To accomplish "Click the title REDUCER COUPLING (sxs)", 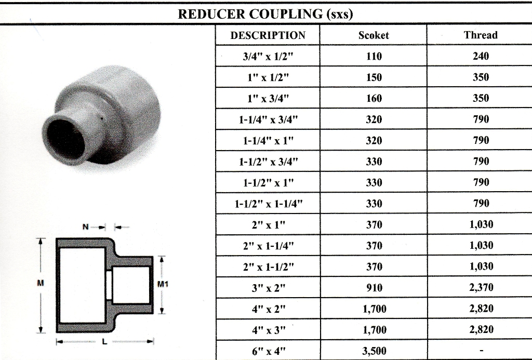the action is coord(265,14).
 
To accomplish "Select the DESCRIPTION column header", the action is coord(268,35).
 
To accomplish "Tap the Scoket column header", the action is coord(374,35).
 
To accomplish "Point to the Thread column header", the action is coord(481,35).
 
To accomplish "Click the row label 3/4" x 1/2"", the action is coord(268,56).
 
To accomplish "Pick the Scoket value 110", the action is coord(374,56).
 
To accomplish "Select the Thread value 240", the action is coord(481,56).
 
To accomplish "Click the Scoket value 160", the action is coord(374,98).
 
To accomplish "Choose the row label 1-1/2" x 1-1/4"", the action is coord(269,204).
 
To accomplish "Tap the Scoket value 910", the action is coord(374,288).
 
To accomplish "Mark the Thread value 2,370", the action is coord(481,288).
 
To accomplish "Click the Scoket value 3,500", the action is coord(374,351).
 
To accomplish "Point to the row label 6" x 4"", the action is coord(269,351).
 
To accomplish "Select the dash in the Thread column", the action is coord(481,351).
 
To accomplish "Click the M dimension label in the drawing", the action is coord(41,283).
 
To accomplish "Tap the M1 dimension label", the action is coord(163,284).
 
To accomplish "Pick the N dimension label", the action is coord(86,226).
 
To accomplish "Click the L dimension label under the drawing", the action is coord(104,342).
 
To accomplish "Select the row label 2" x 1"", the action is coord(269,225).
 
